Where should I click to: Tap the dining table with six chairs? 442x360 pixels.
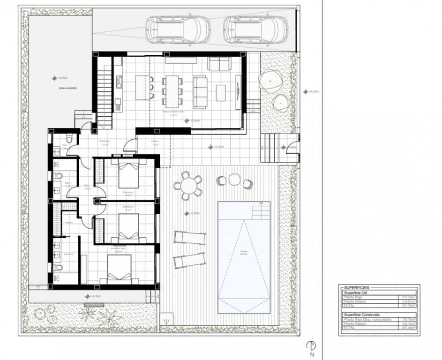click(172, 89)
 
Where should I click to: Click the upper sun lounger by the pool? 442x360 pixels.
click(189, 238)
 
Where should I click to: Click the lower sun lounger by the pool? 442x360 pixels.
click(189, 260)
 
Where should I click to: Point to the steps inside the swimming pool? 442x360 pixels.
click(261, 212)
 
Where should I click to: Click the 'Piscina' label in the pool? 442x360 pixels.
click(244, 252)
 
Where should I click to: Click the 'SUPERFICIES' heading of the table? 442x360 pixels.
click(357, 287)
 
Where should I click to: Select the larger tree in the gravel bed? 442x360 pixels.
click(271, 82)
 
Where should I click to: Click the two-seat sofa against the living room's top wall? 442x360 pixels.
click(219, 63)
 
